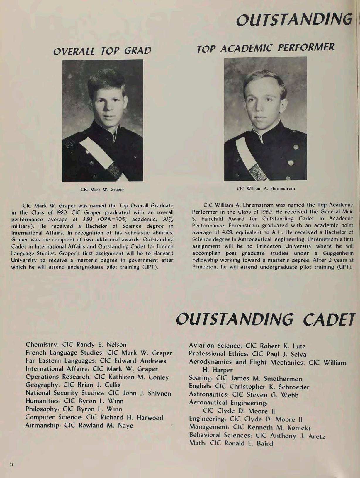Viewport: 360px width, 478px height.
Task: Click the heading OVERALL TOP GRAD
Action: [102, 51]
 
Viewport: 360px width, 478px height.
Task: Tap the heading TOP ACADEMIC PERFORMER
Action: [265, 48]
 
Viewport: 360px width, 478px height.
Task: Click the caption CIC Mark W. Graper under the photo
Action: [102, 190]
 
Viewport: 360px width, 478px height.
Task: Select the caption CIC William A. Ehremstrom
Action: [266, 188]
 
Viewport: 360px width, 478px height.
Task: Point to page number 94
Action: [11, 465]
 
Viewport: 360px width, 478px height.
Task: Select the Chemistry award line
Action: [76, 345]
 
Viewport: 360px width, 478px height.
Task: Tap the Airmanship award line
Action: [79, 425]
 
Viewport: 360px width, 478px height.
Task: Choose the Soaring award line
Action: [245, 379]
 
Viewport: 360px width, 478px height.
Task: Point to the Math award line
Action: [231, 443]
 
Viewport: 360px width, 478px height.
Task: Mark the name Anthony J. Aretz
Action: [298, 436]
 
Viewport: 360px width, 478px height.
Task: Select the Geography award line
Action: [73, 385]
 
